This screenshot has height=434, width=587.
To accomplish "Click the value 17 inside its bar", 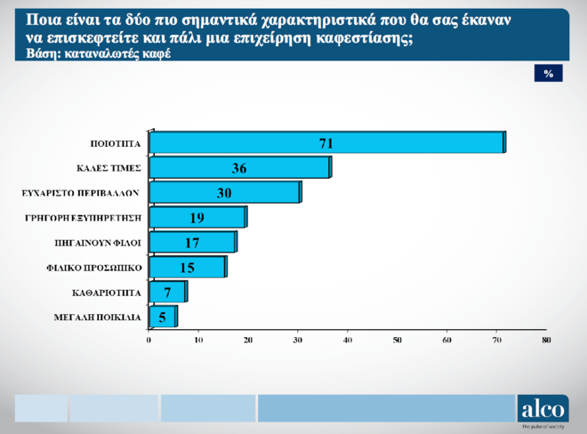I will click(x=192, y=242).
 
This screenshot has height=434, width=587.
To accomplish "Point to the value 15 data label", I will click(x=187, y=267).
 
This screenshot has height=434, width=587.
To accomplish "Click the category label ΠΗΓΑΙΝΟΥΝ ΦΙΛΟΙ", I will click(x=104, y=242).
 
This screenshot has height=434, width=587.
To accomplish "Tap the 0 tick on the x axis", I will click(x=149, y=340).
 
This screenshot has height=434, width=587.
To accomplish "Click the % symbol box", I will click(x=549, y=74).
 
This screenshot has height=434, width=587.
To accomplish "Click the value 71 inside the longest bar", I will click(x=326, y=143).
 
